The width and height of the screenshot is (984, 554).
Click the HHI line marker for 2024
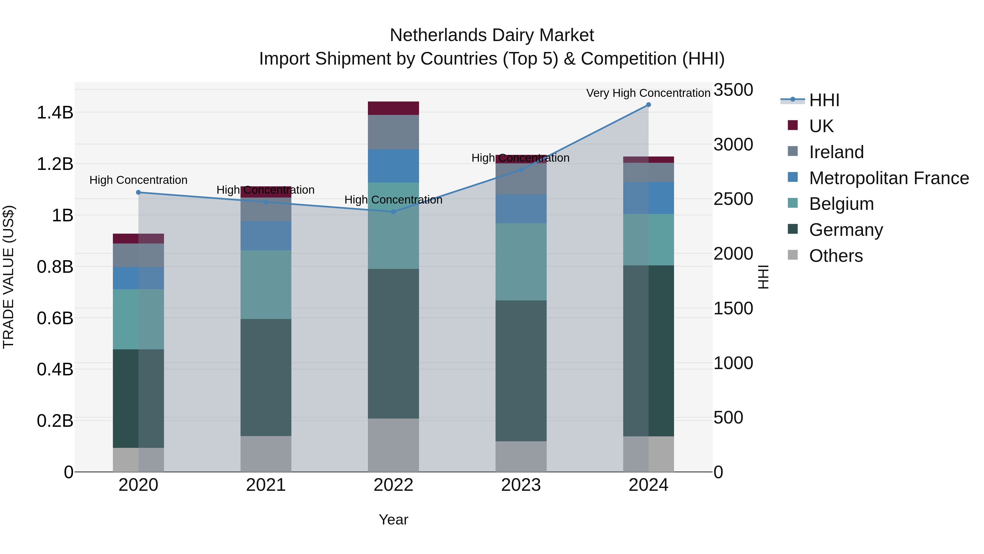click(x=648, y=105)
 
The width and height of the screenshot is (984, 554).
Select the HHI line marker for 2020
click(x=138, y=192)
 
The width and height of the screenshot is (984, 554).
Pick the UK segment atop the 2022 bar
click(x=393, y=108)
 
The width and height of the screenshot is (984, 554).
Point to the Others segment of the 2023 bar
click(x=521, y=457)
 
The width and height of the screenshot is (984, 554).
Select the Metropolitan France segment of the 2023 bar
click(x=521, y=209)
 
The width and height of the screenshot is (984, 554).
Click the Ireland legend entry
click(x=836, y=152)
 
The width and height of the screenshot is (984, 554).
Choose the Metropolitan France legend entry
click(x=889, y=178)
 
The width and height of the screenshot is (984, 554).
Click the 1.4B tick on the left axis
click(x=55, y=113)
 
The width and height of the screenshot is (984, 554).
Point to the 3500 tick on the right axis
click(x=733, y=90)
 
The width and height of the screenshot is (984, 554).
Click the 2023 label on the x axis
click(x=521, y=485)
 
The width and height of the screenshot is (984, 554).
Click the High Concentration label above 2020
click(x=138, y=180)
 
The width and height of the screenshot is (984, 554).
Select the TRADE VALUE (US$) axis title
click(x=8, y=277)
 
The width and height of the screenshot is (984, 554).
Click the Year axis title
click(x=393, y=520)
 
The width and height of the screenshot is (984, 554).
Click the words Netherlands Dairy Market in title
click(x=492, y=35)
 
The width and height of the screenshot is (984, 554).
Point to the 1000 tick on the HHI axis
click(x=733, y=363)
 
